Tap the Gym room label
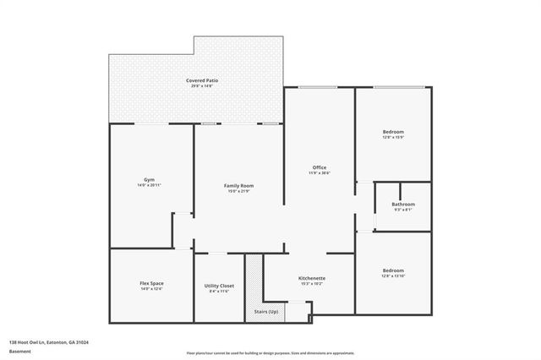(149, 179)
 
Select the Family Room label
(238, 185)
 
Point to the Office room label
(319, 167)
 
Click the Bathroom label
(403, 204)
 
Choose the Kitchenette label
(312, 278)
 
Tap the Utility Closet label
(219, 286)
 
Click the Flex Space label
(150, 283)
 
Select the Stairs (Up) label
(267, 312)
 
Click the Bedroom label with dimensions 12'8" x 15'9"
(393, 132)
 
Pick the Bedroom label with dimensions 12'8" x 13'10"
(393, 270)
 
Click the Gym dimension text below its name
(149, 185)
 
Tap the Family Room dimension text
(238, 191)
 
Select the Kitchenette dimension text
(312, 284)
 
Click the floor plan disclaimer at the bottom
(270, 352)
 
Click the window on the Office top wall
(319, 87)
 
